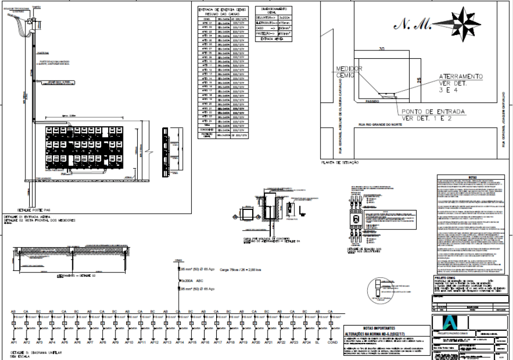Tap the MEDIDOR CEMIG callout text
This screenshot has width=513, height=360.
(x=349, y=73)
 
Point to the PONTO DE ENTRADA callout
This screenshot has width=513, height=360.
(x=433, y=115)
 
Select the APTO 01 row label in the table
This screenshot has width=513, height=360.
(x=207, y=23)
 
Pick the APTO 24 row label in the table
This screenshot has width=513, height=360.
(x=207, y=121)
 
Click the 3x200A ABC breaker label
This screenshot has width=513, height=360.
(x=190, y=280)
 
